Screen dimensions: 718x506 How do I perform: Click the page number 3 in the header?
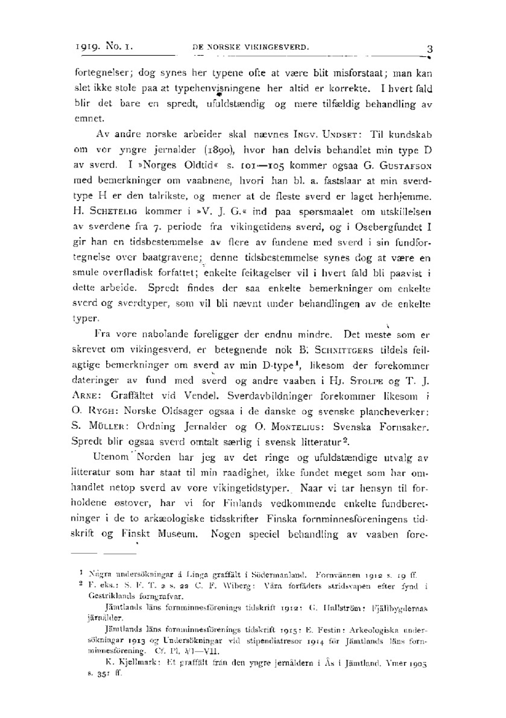click(x=430, y=49)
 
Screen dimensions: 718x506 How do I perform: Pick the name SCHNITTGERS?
click(x=344, y=350)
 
